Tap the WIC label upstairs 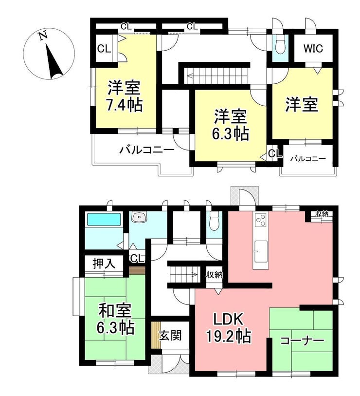313,48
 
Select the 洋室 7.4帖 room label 124,96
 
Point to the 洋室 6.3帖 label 230,125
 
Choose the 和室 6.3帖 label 115,319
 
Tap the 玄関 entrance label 170,336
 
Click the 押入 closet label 104,264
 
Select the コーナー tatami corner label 302,341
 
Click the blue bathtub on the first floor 104,219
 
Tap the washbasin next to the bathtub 140,217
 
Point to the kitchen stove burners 261,220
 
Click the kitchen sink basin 261,251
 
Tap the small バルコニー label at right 308,159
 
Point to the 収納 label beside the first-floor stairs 214,275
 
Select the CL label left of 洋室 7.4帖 104,49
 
